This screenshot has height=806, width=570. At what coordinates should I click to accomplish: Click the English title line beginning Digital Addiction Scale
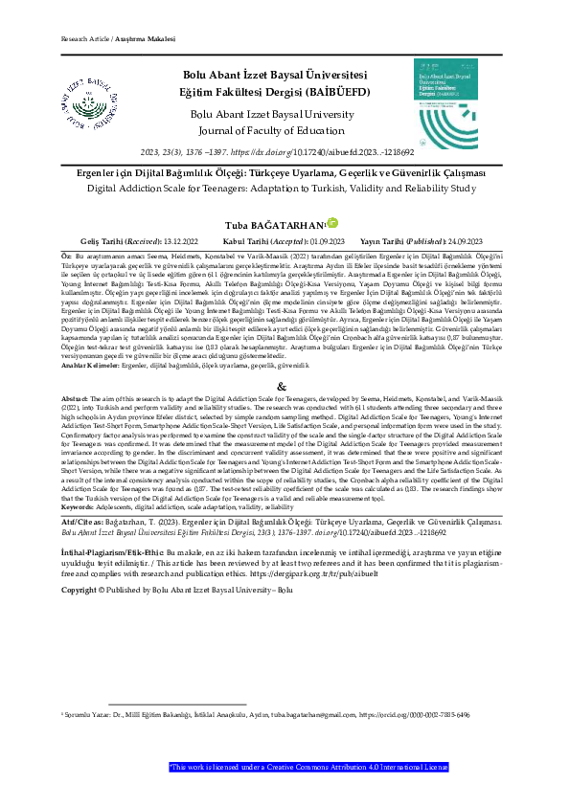285,190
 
